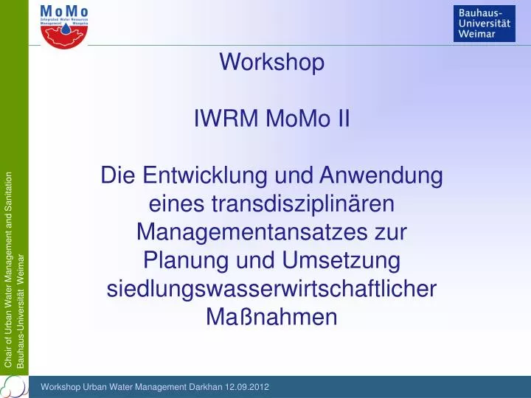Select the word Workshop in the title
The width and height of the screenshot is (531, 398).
point(271,63)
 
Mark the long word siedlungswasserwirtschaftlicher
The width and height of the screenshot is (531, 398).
point(271,289)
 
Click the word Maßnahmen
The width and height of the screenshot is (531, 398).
point(271,317)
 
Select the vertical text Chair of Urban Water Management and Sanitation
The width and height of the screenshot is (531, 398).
point(9,269)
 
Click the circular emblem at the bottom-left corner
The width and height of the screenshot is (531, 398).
point(13,386)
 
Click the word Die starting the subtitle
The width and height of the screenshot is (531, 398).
point(118,176)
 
